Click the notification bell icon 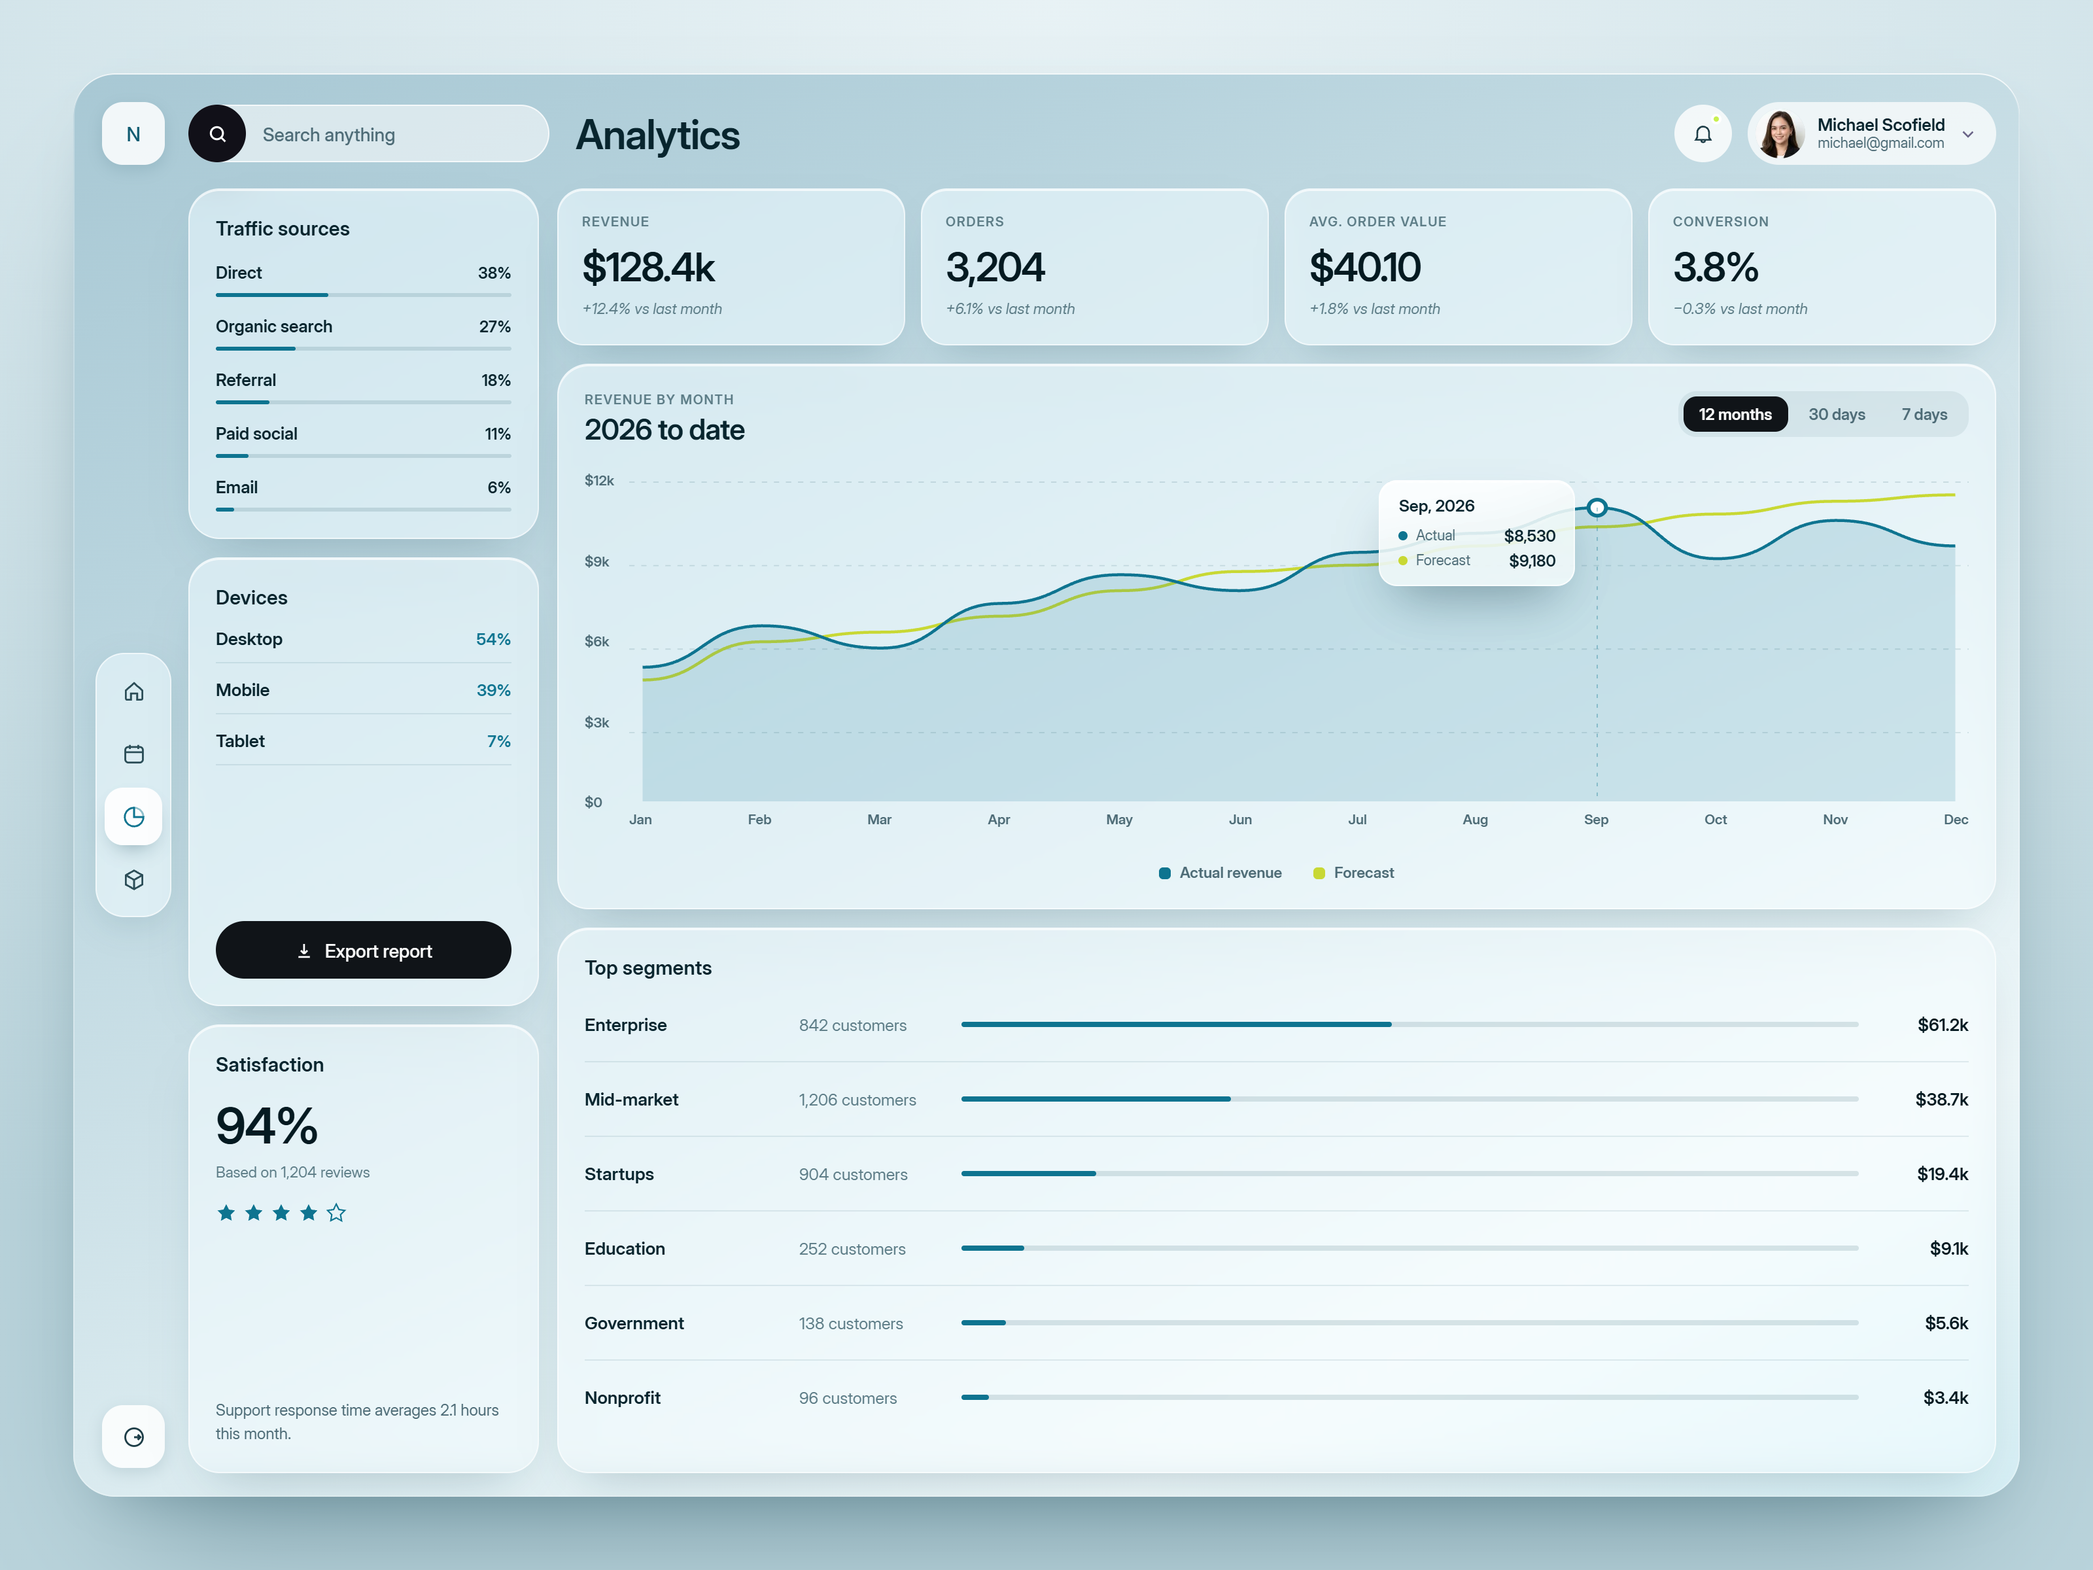pyautogui.click(x=1703, y=134)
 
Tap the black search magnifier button pyautogui.click(x=218, y=133)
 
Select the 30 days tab pyautogui.click(x=1837, y=415)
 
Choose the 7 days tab pyautogui.click(x=1924, y=415)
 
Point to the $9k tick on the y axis pyautogui.click(x=597, y=561)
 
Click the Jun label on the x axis pyautogui.click(x=1239, y=820)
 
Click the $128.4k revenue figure pyautogui.click(x=648, y=267)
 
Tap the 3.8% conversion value pyautogui.click(x=1716, y=267)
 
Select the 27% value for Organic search pyautogui.click(x=495, y=326)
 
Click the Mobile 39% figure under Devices pyautogui.click(x=493, y=690)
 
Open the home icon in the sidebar pyautogui.click(x=134, y=692)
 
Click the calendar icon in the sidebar pyautogui.click(x=134, y=754)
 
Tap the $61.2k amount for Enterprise pyautogui.click(x=1943, y=1025)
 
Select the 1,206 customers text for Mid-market pyautogui.click(x=857, y=1100)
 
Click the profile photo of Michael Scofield pyautogui.click(x=1781, y=134)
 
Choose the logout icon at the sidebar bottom pyautogui.click(x=134, y=1437)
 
